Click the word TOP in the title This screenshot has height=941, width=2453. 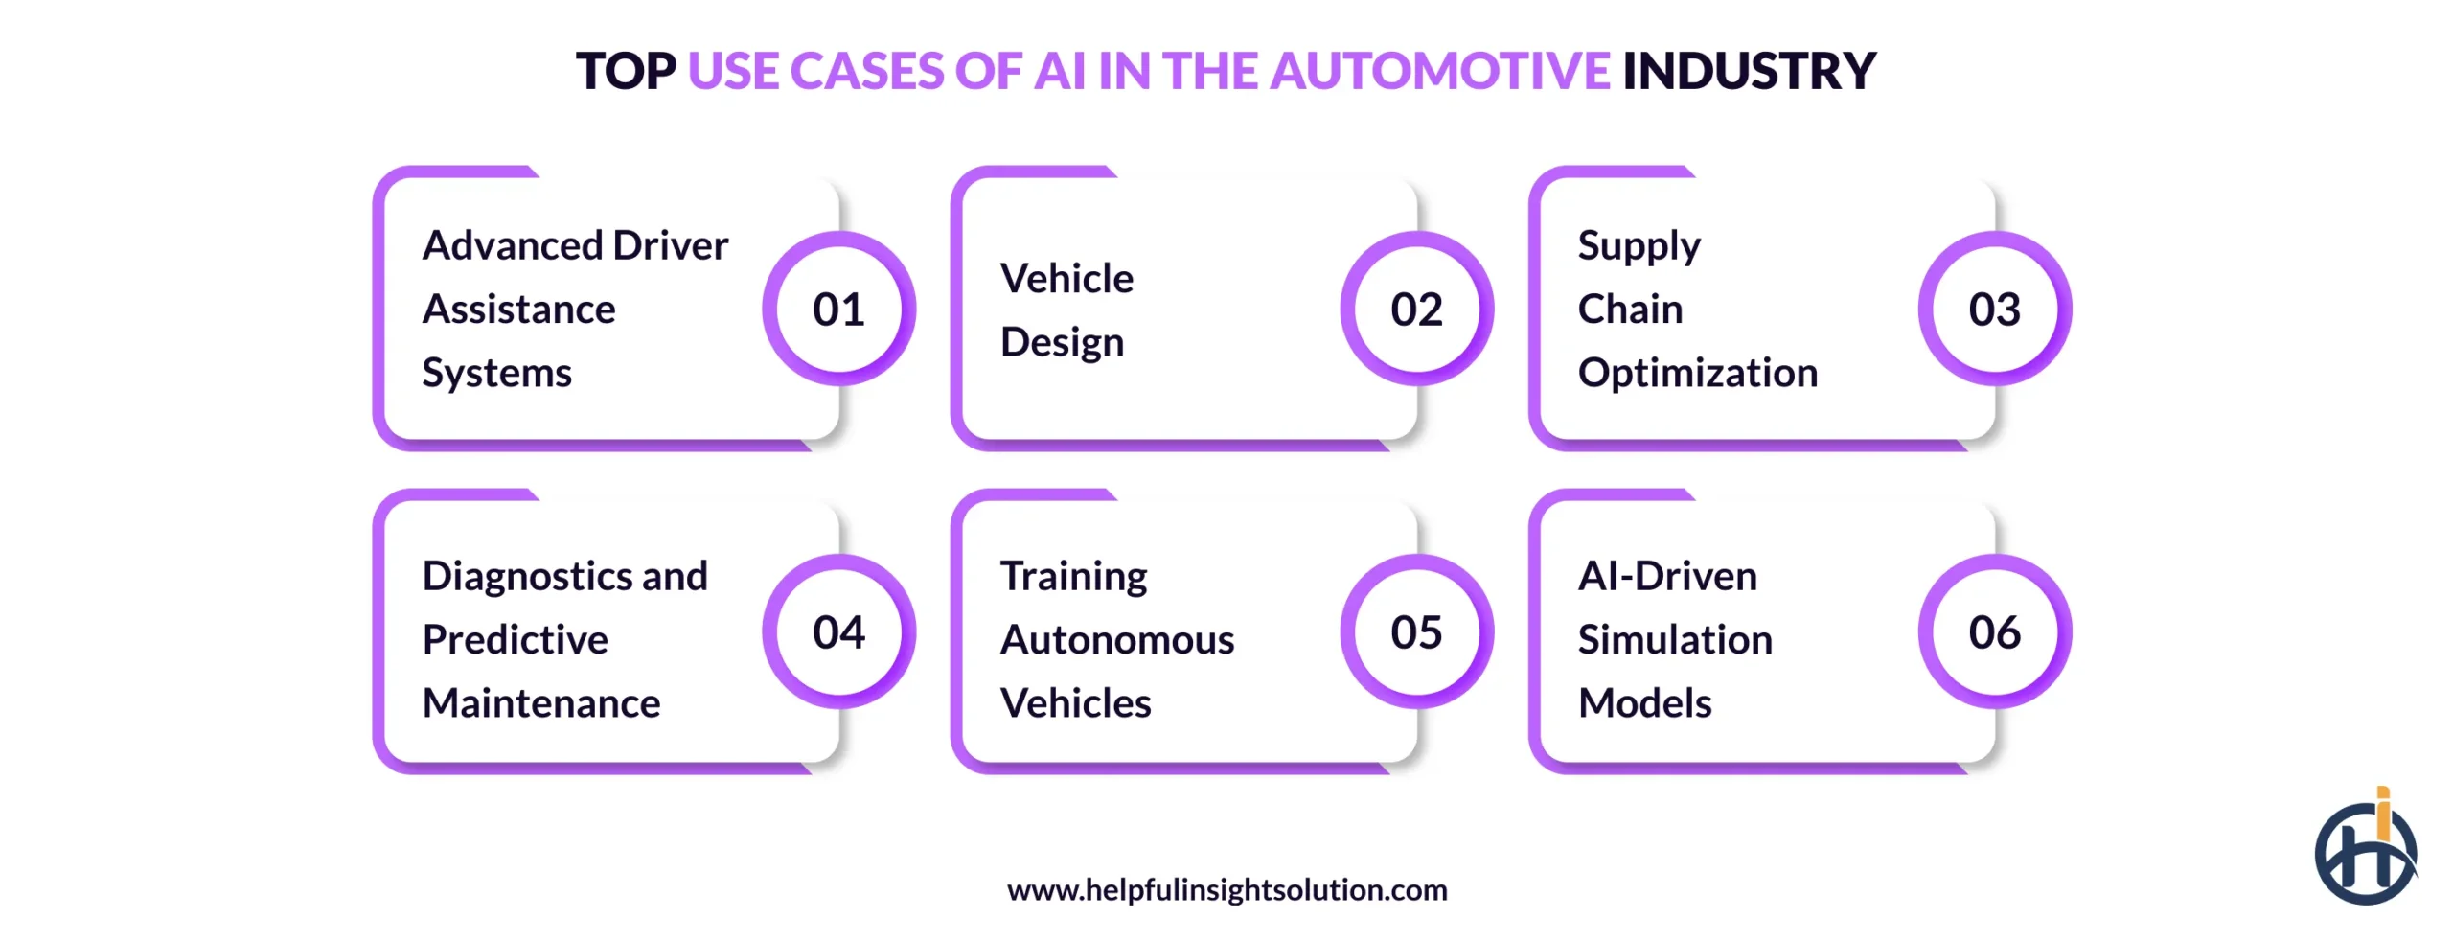tap(626, 72)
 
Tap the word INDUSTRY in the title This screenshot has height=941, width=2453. tap(1749, 72)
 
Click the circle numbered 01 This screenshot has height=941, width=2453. tap(838, 309)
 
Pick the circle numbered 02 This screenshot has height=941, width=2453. tap(1416, 309)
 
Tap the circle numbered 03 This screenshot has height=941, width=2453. tap(1994, 309)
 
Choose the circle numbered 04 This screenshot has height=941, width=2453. tap(838, 631)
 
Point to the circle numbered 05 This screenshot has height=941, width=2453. tap(1416, 631)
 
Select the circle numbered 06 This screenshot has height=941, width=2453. tap(1994, 631)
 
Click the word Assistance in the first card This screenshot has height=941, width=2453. tap(518, 310)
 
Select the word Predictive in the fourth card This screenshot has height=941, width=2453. tap(515, 640)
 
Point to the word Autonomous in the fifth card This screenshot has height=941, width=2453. tap(1117, 640)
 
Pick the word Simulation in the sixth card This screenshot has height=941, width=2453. tap(1675, 640)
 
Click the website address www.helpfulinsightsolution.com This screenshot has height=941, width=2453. tap(1226, 890)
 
